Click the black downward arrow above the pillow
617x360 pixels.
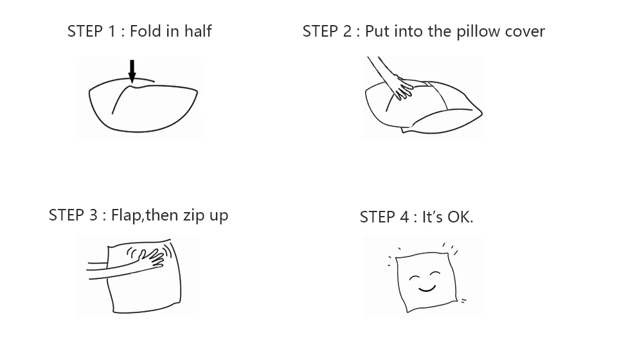pos(132,71)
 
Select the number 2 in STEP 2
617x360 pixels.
pos(346,32)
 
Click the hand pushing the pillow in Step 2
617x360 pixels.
pos(402,88)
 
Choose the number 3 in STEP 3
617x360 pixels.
pos(93,215)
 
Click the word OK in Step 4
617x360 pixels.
pos(459,217)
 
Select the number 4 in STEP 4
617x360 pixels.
pos(404,217)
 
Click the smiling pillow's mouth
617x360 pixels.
pos(427,289)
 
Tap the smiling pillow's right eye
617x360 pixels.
pos(435,273)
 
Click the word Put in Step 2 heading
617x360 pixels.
pos(377,32)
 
